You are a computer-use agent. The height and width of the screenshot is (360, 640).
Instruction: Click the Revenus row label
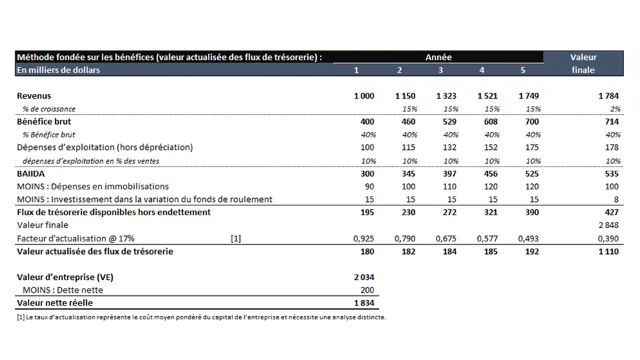[x=33, y=96]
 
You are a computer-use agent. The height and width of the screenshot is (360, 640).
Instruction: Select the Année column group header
[x=438, y=57]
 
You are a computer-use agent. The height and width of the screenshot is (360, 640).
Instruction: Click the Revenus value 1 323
[x=446, y=96]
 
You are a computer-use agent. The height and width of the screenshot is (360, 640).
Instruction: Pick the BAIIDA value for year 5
[x=528, y=174]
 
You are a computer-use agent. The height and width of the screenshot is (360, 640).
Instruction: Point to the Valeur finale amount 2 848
[x=609, y=225]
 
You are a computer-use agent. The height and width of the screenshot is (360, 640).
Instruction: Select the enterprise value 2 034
[x=364, y=277]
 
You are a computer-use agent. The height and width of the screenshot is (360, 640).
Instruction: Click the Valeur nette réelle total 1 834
[x=364, y=303]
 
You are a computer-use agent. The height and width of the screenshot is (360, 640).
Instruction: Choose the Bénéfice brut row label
[x=44, y=122]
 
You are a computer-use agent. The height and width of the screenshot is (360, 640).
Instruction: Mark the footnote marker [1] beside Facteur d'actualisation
[x=235, y=238]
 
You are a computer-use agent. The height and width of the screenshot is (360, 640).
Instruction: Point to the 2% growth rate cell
[x=615, y=109]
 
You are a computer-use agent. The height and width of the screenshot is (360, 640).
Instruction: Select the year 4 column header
[x=482, y=70]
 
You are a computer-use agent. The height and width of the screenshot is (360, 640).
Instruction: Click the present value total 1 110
[x=609, y=251]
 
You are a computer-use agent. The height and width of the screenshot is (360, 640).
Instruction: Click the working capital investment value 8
[x=617, y=199]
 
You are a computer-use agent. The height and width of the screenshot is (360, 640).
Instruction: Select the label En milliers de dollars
[x=58, y=70]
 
